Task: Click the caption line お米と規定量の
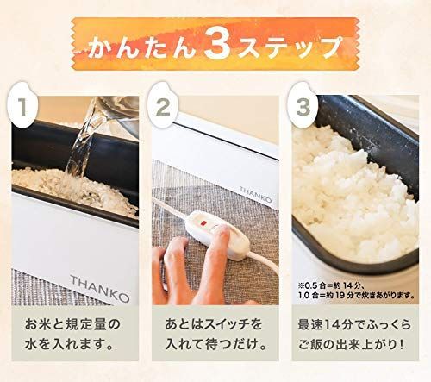72,329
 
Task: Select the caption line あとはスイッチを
215,329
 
